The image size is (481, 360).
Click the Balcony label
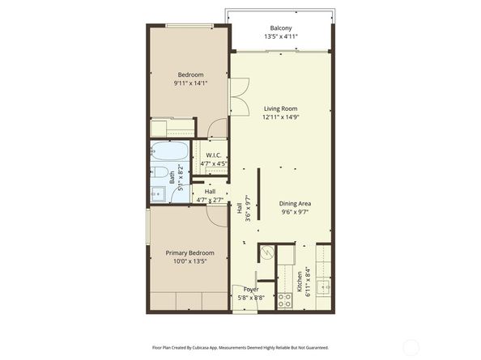click(281, 27)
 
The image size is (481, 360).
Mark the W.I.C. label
click(214, 155)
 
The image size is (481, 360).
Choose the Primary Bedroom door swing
click(215, 214)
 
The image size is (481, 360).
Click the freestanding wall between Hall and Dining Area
click(258, 193)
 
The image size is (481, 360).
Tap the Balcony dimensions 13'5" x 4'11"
click(281, 36)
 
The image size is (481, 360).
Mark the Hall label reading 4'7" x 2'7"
click(210, 195)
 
